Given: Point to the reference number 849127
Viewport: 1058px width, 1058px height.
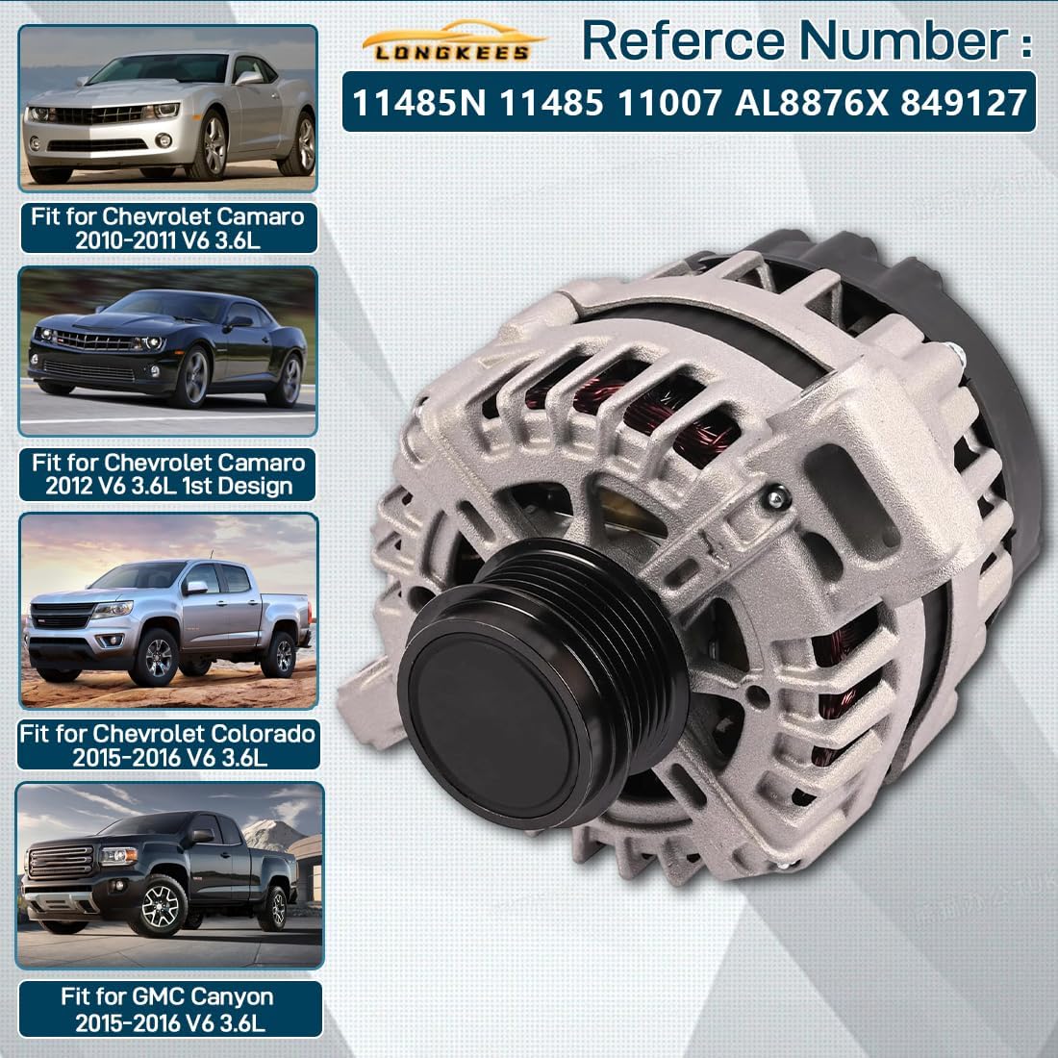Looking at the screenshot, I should click(x=965, y=102).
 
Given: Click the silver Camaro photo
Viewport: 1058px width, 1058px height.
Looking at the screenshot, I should click(x=169, y=108).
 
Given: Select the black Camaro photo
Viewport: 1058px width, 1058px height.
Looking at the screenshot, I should click(x=169, y=350).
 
